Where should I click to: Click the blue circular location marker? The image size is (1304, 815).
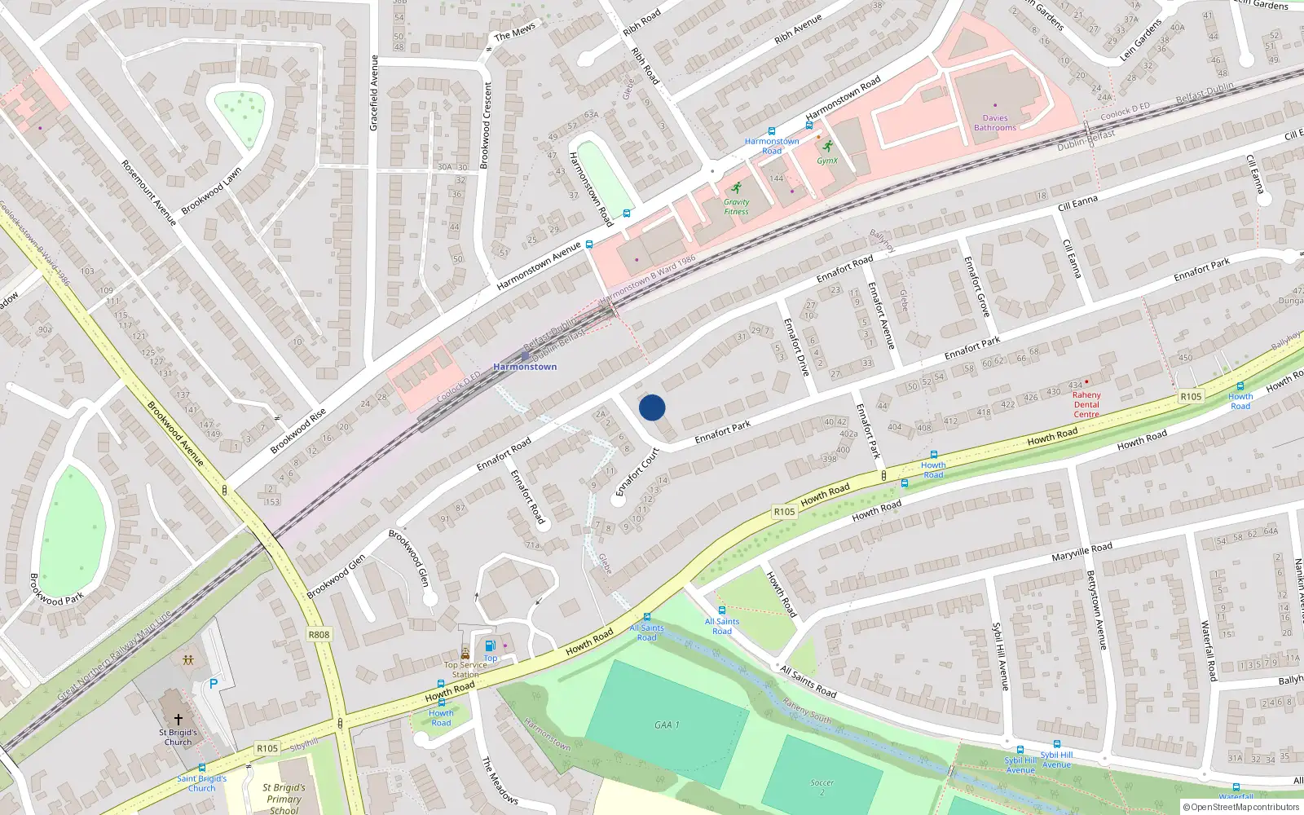pos(652,407)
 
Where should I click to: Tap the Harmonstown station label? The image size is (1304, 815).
pos(525,367)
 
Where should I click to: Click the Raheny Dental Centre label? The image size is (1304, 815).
pos(1086,404)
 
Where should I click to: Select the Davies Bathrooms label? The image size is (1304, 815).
pos(995,123)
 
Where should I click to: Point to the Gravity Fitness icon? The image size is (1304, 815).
pos(737,187)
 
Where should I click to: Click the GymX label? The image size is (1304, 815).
pos(827,161)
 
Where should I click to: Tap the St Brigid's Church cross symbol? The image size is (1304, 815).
pos(178,720)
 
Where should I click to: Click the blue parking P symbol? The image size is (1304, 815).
pos(214,684)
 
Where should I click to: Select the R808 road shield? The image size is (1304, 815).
pos(319,635)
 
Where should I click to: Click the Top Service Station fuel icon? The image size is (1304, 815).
pos(490,646)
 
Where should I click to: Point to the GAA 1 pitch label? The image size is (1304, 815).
pos(667,725)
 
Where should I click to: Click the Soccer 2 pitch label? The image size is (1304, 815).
pos(822,787)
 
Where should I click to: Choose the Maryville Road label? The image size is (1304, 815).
pos(1082,552)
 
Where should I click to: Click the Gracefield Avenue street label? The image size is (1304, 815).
pos(374,93)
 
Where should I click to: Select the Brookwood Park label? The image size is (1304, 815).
pos(57,589)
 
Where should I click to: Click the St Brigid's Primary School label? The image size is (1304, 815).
pos(284,799)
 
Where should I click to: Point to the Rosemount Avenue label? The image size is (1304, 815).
pos(148,192)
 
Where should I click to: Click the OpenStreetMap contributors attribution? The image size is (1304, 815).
pos(1241,807)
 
